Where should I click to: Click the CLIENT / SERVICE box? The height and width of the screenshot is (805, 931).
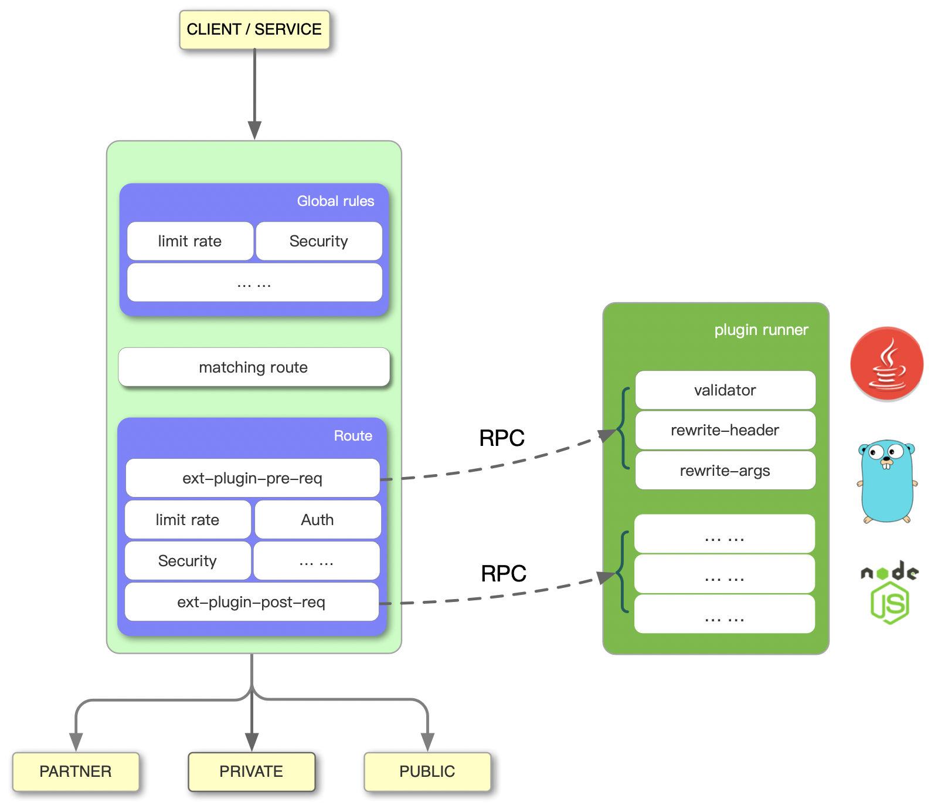coord(254,29)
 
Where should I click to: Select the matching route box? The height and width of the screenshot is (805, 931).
coord(253,367)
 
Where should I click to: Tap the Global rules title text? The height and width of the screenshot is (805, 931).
coord(335,201)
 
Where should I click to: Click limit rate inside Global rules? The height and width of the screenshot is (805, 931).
coord(190,241)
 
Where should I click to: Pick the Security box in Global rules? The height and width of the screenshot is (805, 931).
coord(318,241)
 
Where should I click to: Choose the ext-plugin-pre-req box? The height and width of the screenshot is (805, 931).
coord(252,478)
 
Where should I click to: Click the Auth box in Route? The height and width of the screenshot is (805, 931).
coord(317,520)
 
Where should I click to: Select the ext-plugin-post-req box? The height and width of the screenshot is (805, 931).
coord(251,602)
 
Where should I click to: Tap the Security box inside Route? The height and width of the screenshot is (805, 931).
coord(188,561)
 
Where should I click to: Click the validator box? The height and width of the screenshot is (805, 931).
coord(725,390)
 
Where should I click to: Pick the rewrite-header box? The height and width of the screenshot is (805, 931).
coord(725,430)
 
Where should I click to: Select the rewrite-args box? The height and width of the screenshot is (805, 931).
coord(725,471)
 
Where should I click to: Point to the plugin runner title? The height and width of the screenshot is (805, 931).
coord(760,330)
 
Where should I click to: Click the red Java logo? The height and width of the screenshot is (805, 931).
coord(886,364)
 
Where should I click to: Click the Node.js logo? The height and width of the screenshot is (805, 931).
coord(889,593)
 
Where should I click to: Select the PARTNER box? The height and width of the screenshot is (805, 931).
coord(76,772)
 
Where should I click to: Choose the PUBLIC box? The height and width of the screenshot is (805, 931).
coord(427,772)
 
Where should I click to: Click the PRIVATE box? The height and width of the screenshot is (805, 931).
coord(251,772)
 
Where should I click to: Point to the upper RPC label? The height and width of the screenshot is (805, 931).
coord(501,438)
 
